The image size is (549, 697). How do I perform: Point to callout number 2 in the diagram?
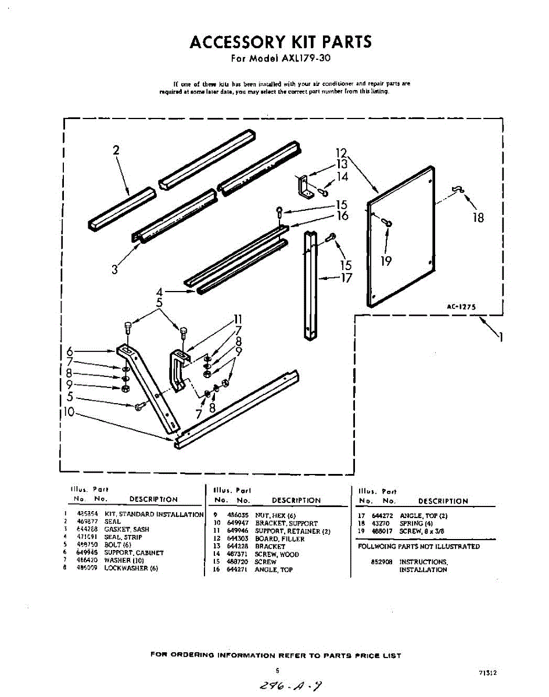click(x=116, y=150)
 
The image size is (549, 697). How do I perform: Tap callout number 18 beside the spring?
click(x=479, y=218)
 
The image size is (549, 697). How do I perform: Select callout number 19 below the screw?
click(x=386, y=261)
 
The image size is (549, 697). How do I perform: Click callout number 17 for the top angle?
click(x=346, y=278)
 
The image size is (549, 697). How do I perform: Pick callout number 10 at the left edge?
click(x=69, y=412)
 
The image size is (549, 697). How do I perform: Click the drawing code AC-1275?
click(x=461, y=307)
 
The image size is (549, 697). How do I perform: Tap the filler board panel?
click(x=401, y=235)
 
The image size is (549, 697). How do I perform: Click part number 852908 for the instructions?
click(x=382, y=562)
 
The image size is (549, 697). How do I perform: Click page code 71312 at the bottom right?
click(x=488, y=673)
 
